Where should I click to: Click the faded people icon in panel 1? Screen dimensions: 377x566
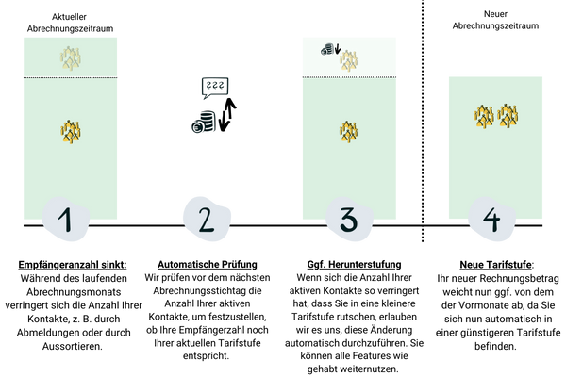coord(71,57)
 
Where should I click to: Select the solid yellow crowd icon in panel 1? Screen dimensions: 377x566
coord(71,131)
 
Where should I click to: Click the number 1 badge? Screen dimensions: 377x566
coord(66,221)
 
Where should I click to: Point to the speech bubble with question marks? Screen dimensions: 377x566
coord(213,88)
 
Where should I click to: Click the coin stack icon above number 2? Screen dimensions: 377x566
coord(202,123)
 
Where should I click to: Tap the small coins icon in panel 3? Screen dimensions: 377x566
coord(326,48)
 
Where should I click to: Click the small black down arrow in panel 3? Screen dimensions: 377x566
coord(337,49)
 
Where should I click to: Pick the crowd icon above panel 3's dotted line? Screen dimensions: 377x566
coord(349,60)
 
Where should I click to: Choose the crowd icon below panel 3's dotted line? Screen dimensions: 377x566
coord(349,131)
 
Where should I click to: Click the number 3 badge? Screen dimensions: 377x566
coord(348,221)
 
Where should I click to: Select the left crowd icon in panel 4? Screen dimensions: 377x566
coord(484,116)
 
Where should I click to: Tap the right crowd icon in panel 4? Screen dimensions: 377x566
coord(508,116)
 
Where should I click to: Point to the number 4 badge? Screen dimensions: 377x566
coord(491,222)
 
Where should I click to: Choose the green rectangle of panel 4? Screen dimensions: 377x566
coord(495,170)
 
